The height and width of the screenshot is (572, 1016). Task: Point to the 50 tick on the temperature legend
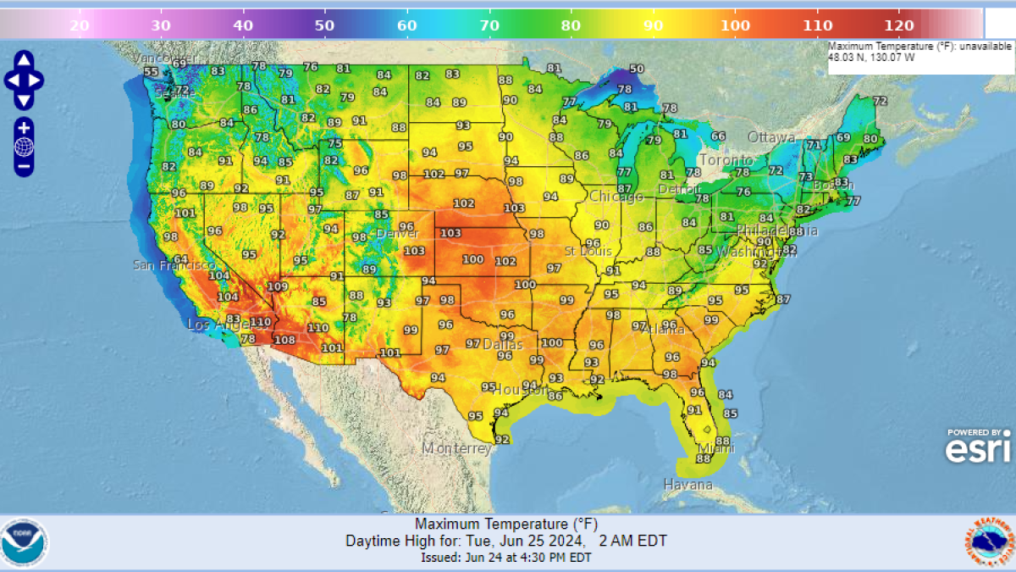[324, 25]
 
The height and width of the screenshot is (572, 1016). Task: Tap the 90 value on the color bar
[653, 25]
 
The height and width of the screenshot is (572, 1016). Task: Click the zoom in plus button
[24, 128]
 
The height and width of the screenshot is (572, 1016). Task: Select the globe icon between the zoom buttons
[24, 147]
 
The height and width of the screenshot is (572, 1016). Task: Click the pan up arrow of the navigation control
[24, 60]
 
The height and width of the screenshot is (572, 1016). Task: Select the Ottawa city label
[771, 137]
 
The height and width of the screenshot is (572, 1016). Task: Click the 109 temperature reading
[278, 287]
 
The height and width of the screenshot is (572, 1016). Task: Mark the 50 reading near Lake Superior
[636, 69]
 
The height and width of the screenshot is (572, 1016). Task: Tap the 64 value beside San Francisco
[179, 259]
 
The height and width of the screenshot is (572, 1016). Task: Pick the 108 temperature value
[284, 341]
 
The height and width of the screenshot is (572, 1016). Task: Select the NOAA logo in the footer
[25, 543]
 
